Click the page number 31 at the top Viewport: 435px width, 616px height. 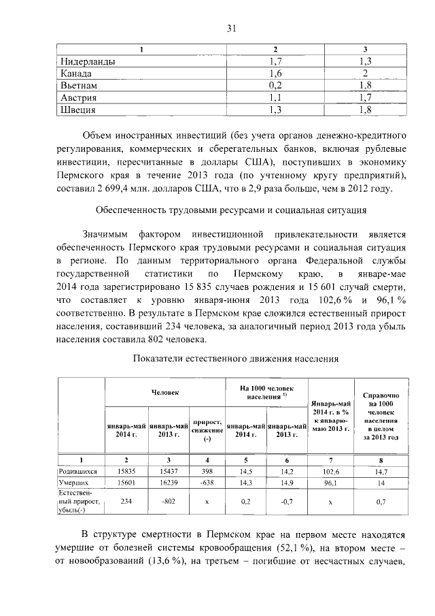231,28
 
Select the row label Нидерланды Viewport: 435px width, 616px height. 88,62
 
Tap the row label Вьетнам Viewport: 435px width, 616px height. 79,86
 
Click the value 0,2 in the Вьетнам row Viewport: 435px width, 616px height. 275,86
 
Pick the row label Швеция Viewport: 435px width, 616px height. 77,110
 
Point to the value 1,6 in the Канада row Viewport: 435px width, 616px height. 275,74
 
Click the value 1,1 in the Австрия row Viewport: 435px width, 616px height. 275,97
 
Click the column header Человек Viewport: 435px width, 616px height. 165,392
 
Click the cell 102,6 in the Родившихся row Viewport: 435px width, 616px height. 330,471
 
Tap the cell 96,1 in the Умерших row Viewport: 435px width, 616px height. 330,483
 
